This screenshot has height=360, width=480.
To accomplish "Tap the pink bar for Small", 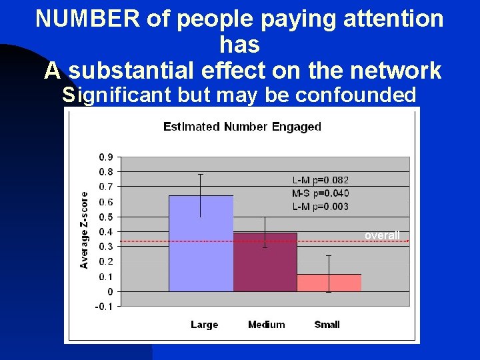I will (x=329, y=283).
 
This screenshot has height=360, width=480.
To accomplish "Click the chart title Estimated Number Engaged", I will (x=243, y=127).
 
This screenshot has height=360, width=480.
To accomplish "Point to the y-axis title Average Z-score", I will (x=85, y=230).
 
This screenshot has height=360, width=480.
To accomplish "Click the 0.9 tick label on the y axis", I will (x=105, y=157).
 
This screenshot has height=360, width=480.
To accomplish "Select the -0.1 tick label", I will (x=104, y=307).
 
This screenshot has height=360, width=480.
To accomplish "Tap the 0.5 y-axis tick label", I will (x=105, y=217).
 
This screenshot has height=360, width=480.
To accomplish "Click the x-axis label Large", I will (x=204, y=325).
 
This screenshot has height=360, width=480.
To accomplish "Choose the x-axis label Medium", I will (x=266, y=325).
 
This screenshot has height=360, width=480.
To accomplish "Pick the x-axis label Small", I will (x=327, y=325).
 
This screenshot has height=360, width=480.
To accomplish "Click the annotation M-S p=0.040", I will (x=321, y=193).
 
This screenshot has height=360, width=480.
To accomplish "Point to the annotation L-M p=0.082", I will (x=321, y=180).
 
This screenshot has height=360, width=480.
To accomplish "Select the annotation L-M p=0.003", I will (x=321, y=207).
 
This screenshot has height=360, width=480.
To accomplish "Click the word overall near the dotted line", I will (x=382, y=235).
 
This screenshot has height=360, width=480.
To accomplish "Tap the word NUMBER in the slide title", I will (x=86, y=19).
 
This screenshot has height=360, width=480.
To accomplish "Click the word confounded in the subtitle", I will (x=357, y=95).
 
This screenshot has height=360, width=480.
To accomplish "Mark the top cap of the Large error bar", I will (x=201, y=174).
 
